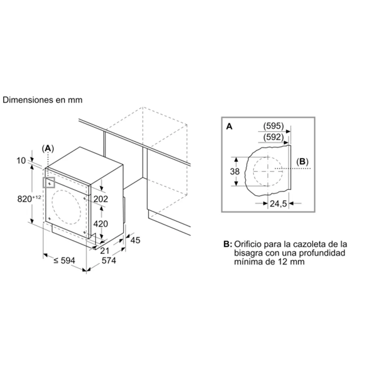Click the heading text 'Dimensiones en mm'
(x=43, y=100)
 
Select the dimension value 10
(x=21, y=161)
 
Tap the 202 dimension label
(x=100, y=199)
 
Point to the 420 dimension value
(x=100, y=224)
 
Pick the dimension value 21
(x=104, y=251)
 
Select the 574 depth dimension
(x=109, y=261)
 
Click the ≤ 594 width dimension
(x=64, y=260)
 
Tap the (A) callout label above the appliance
(x=48, y=149)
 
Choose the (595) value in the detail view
(x=274, y=126)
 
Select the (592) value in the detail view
(x=273, y=137)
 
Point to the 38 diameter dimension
(x=235, y=171)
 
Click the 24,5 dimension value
(x=278, y=204)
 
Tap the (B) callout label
(x=302, y=161)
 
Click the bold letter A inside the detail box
(x=229, y=126)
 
